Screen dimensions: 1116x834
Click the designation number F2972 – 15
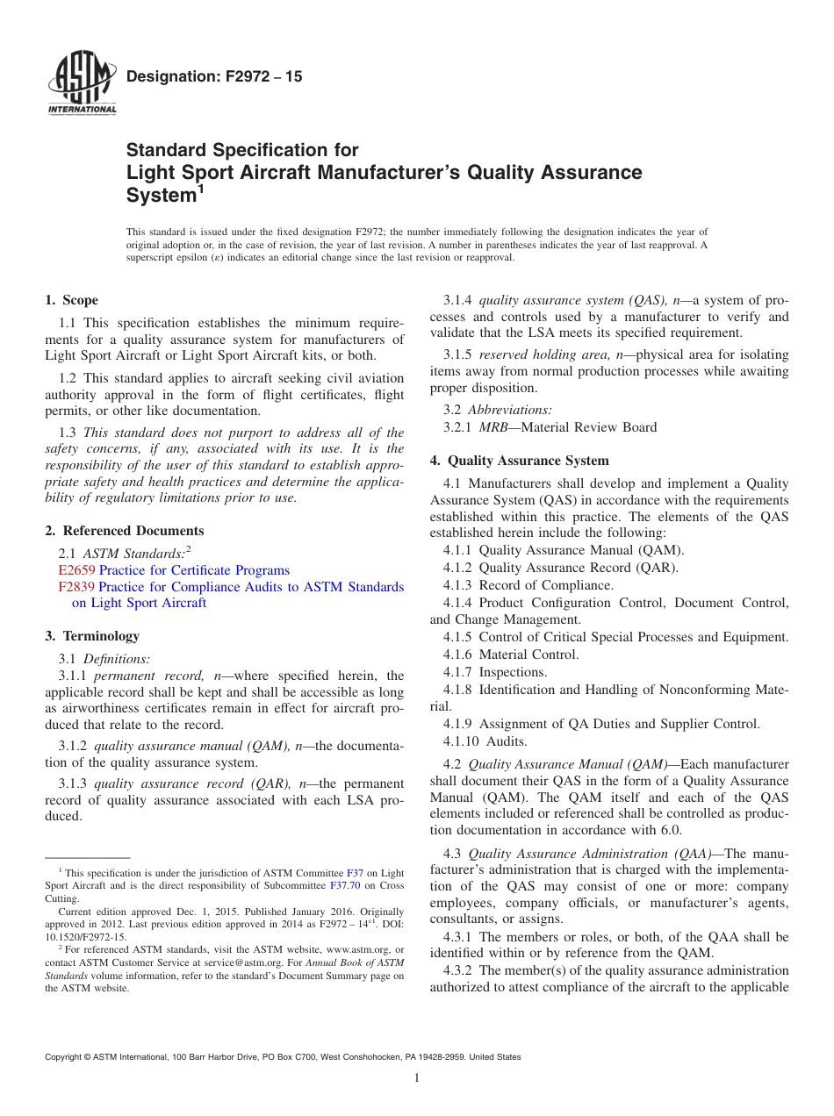[x=214, y=77]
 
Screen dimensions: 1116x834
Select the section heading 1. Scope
[x=72, y=300]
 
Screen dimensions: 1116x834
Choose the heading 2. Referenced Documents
[x=125, y=531]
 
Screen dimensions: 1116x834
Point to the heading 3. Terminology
[x=92, y=636]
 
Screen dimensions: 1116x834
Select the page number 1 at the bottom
[x=417, y=1078]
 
